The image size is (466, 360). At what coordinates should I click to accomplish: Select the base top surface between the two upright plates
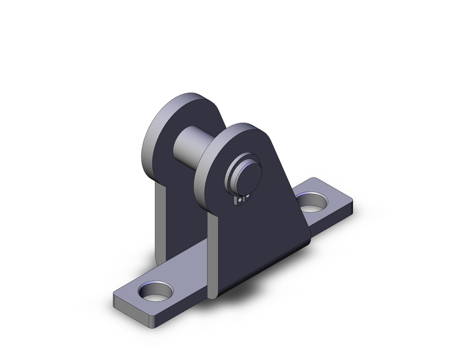click(186, 268)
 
